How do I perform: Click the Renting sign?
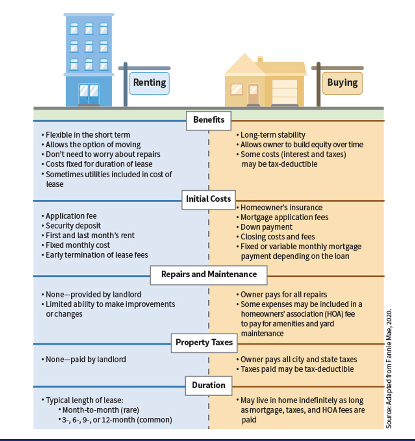149,83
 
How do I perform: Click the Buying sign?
342,83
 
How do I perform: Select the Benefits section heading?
208,121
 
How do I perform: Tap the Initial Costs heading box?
208,200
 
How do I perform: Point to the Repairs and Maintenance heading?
208,275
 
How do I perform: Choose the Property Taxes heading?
205,343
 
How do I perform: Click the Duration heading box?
208,386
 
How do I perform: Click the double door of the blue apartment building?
89,94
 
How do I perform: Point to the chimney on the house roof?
260,59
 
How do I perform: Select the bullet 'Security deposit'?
71,226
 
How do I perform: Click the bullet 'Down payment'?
264,227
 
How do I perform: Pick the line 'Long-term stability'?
271,135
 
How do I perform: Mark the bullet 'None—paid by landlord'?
84,360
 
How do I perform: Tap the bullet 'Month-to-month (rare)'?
99,410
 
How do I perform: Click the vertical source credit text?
389,369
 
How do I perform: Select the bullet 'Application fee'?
69,216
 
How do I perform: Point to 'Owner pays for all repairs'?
282,295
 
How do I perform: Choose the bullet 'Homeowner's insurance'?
280,208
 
